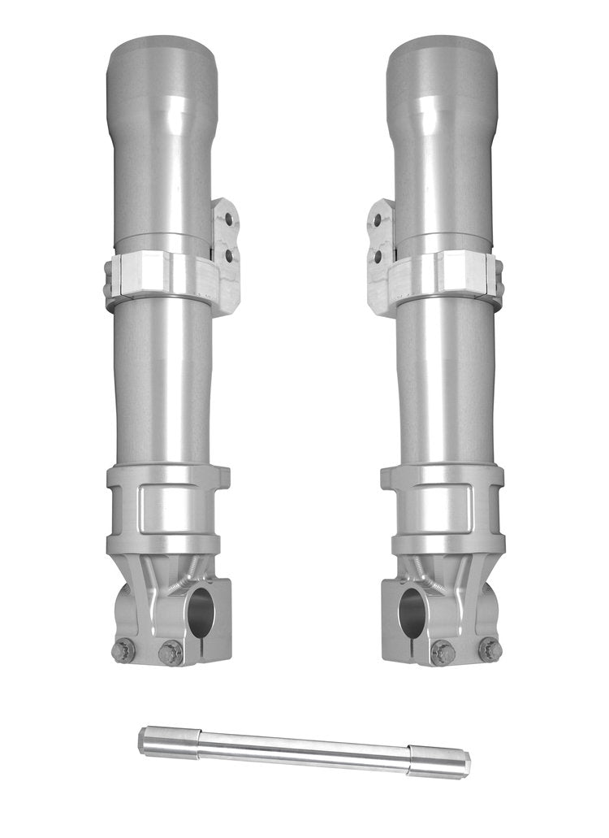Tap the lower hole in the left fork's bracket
(229, 255)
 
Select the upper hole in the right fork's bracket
(378, 220)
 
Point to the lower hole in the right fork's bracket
(378, 256)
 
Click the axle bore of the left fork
(201, 612)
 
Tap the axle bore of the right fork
(412, 612)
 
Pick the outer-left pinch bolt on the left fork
(124, 649)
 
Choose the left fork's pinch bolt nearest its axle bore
(171, 652)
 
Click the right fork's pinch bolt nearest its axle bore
(443, 652)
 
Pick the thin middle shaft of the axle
(304, 749)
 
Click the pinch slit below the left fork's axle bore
(201, 650)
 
